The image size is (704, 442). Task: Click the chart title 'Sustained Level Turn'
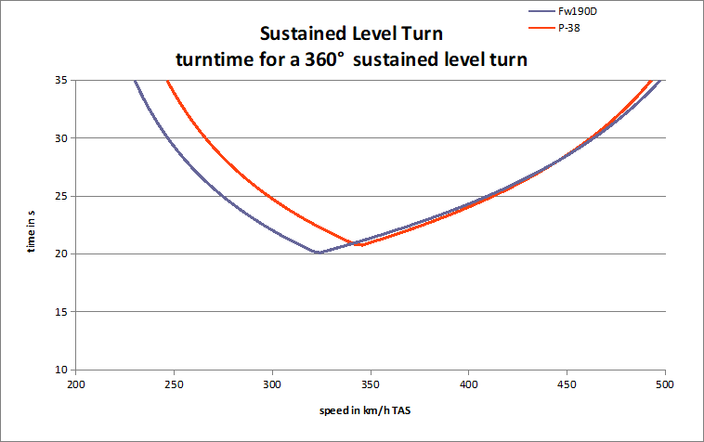pos(352,36)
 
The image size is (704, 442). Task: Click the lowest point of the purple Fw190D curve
pos(318,253)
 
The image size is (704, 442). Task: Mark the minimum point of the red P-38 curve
pos(359,245)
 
